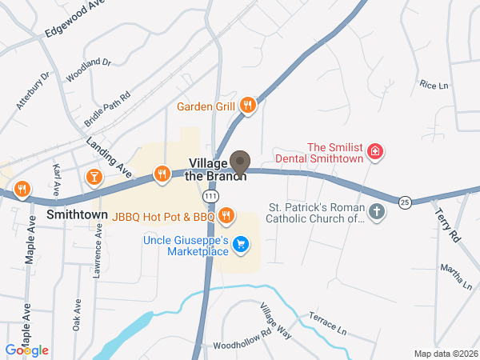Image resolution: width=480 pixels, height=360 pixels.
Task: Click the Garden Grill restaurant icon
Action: click(x=248, y=105)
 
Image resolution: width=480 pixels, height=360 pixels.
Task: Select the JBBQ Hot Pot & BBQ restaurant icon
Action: click(x=227, y=215)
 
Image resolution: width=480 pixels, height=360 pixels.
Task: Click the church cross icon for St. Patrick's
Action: click(x=378, y=212)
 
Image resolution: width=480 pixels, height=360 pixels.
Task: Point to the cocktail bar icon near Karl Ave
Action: click(x=94, y=176)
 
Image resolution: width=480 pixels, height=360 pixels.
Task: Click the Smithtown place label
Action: click(x=77, y=216)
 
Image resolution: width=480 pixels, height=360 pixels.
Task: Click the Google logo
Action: click(x=27, y=350)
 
